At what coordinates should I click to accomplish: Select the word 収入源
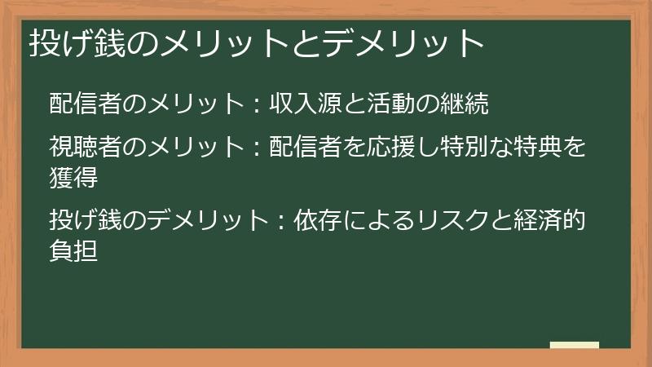tap(304, 105)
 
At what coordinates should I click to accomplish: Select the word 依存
tap(304, 220)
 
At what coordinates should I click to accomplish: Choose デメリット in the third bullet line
tap(192, 220)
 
